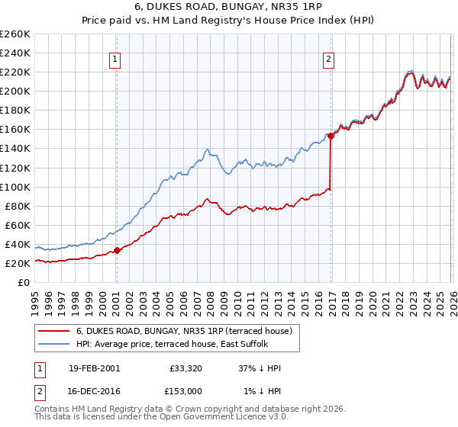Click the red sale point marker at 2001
coord(117,250)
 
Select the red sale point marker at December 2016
coord(331,136)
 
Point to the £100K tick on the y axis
coord(15,187)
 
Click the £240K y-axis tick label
coord(15,53)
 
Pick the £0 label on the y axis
coord(23,282)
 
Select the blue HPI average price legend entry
coord(182,344)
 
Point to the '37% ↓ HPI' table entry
coord(258,368)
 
